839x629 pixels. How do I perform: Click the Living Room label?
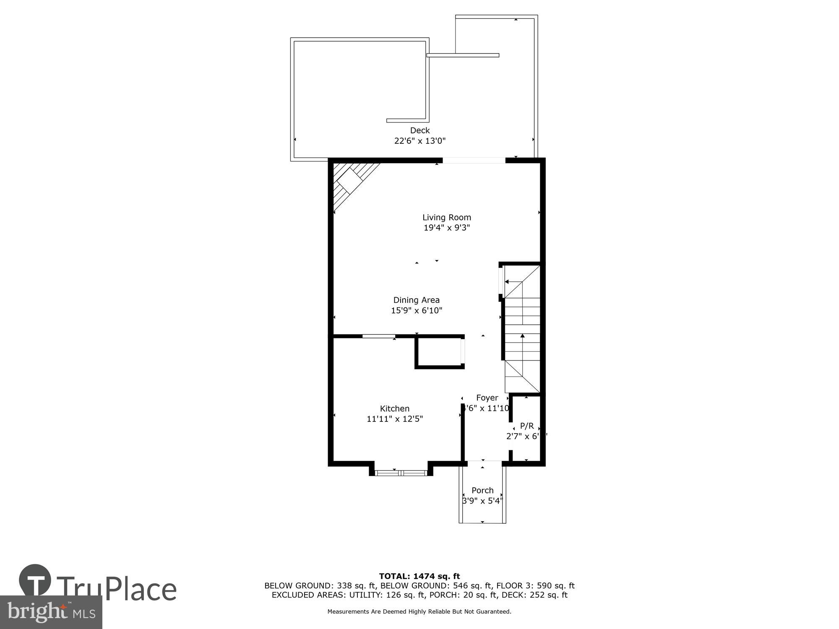pos(446,217)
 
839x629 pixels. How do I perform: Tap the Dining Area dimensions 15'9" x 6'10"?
pos(417,311)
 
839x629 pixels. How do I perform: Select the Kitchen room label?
pos(394,408)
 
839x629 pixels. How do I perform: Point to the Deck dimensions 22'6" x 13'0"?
pos(419,141)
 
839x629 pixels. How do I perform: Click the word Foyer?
pos(487,398)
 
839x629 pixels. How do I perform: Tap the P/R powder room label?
pos(527,426)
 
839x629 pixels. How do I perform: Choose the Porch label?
pos(482,490)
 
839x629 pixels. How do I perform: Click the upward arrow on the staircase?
pos(522,336)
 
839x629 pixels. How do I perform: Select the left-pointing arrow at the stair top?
pos(508,282)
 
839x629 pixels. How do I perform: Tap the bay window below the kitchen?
pos(401,473)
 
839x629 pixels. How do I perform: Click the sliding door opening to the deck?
pos(474,160)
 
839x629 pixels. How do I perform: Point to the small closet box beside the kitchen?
pos(440,353)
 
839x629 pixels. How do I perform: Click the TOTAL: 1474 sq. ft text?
pos(419,576)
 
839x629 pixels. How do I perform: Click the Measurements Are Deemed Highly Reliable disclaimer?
pos(419,612)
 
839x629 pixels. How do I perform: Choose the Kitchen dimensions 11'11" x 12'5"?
pos(394,419)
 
